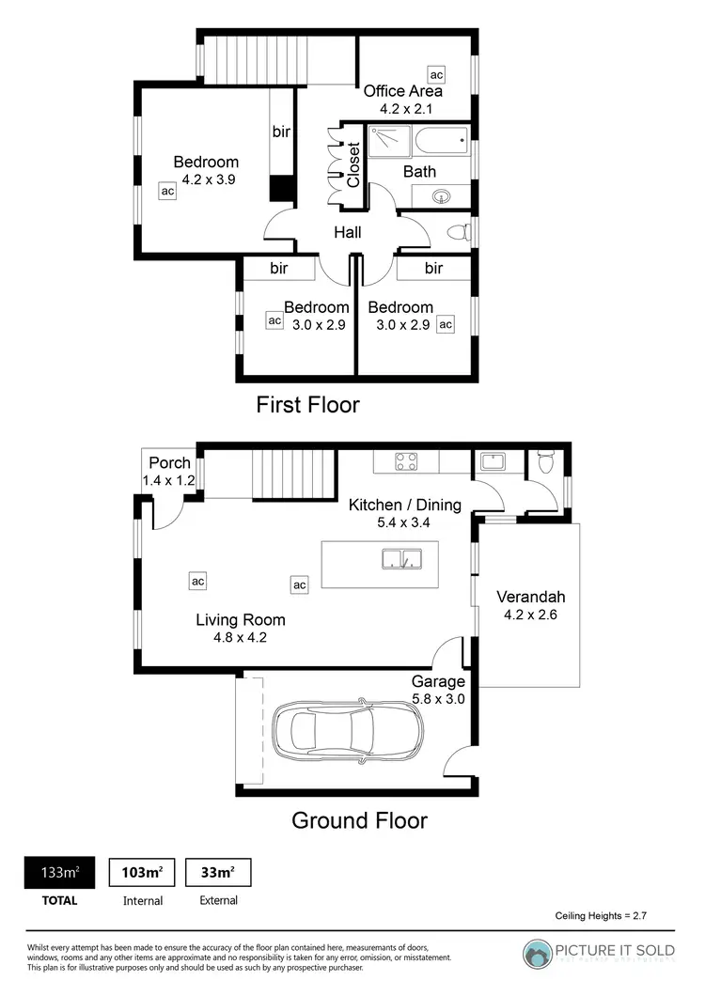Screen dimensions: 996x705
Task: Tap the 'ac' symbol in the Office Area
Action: tap(436, 74)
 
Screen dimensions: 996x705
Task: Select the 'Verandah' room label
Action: tap(530, 597)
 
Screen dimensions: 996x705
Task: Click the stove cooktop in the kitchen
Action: tap(406, 461)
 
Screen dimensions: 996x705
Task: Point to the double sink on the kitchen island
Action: tap(402, 560)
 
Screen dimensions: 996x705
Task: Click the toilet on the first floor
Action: tap(458, 232)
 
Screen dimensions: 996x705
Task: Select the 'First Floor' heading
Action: tap(307, 405)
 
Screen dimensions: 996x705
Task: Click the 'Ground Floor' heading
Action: tap(359, 820)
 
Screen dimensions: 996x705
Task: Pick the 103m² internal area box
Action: tap(142, 873)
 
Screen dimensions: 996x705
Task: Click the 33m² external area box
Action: tap(218, 873)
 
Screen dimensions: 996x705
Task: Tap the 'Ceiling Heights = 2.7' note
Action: tap(601, 914)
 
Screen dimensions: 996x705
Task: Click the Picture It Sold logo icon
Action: tap(538, 953)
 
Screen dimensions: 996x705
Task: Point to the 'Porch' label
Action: tap(170, 462)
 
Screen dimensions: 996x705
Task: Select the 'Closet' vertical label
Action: tap(353, 164)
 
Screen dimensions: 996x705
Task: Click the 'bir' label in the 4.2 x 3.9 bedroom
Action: tap(281, 132)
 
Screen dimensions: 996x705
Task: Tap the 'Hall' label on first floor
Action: tap(347, 233)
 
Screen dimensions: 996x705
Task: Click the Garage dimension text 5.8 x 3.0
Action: tap(438, 698)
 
